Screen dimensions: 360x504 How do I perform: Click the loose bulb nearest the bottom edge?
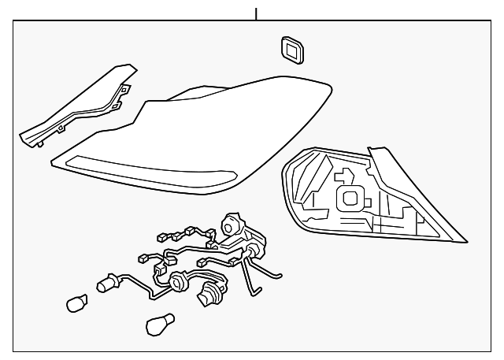pyautogui.click(x=159, y=322)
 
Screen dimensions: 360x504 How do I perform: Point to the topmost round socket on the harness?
pyautogui.click(x=233, y=225)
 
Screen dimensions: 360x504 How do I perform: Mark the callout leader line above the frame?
pyautogui.click(x=255, y=13)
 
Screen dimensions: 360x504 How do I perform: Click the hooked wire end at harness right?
pyautogui.click(x=276, y=273)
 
